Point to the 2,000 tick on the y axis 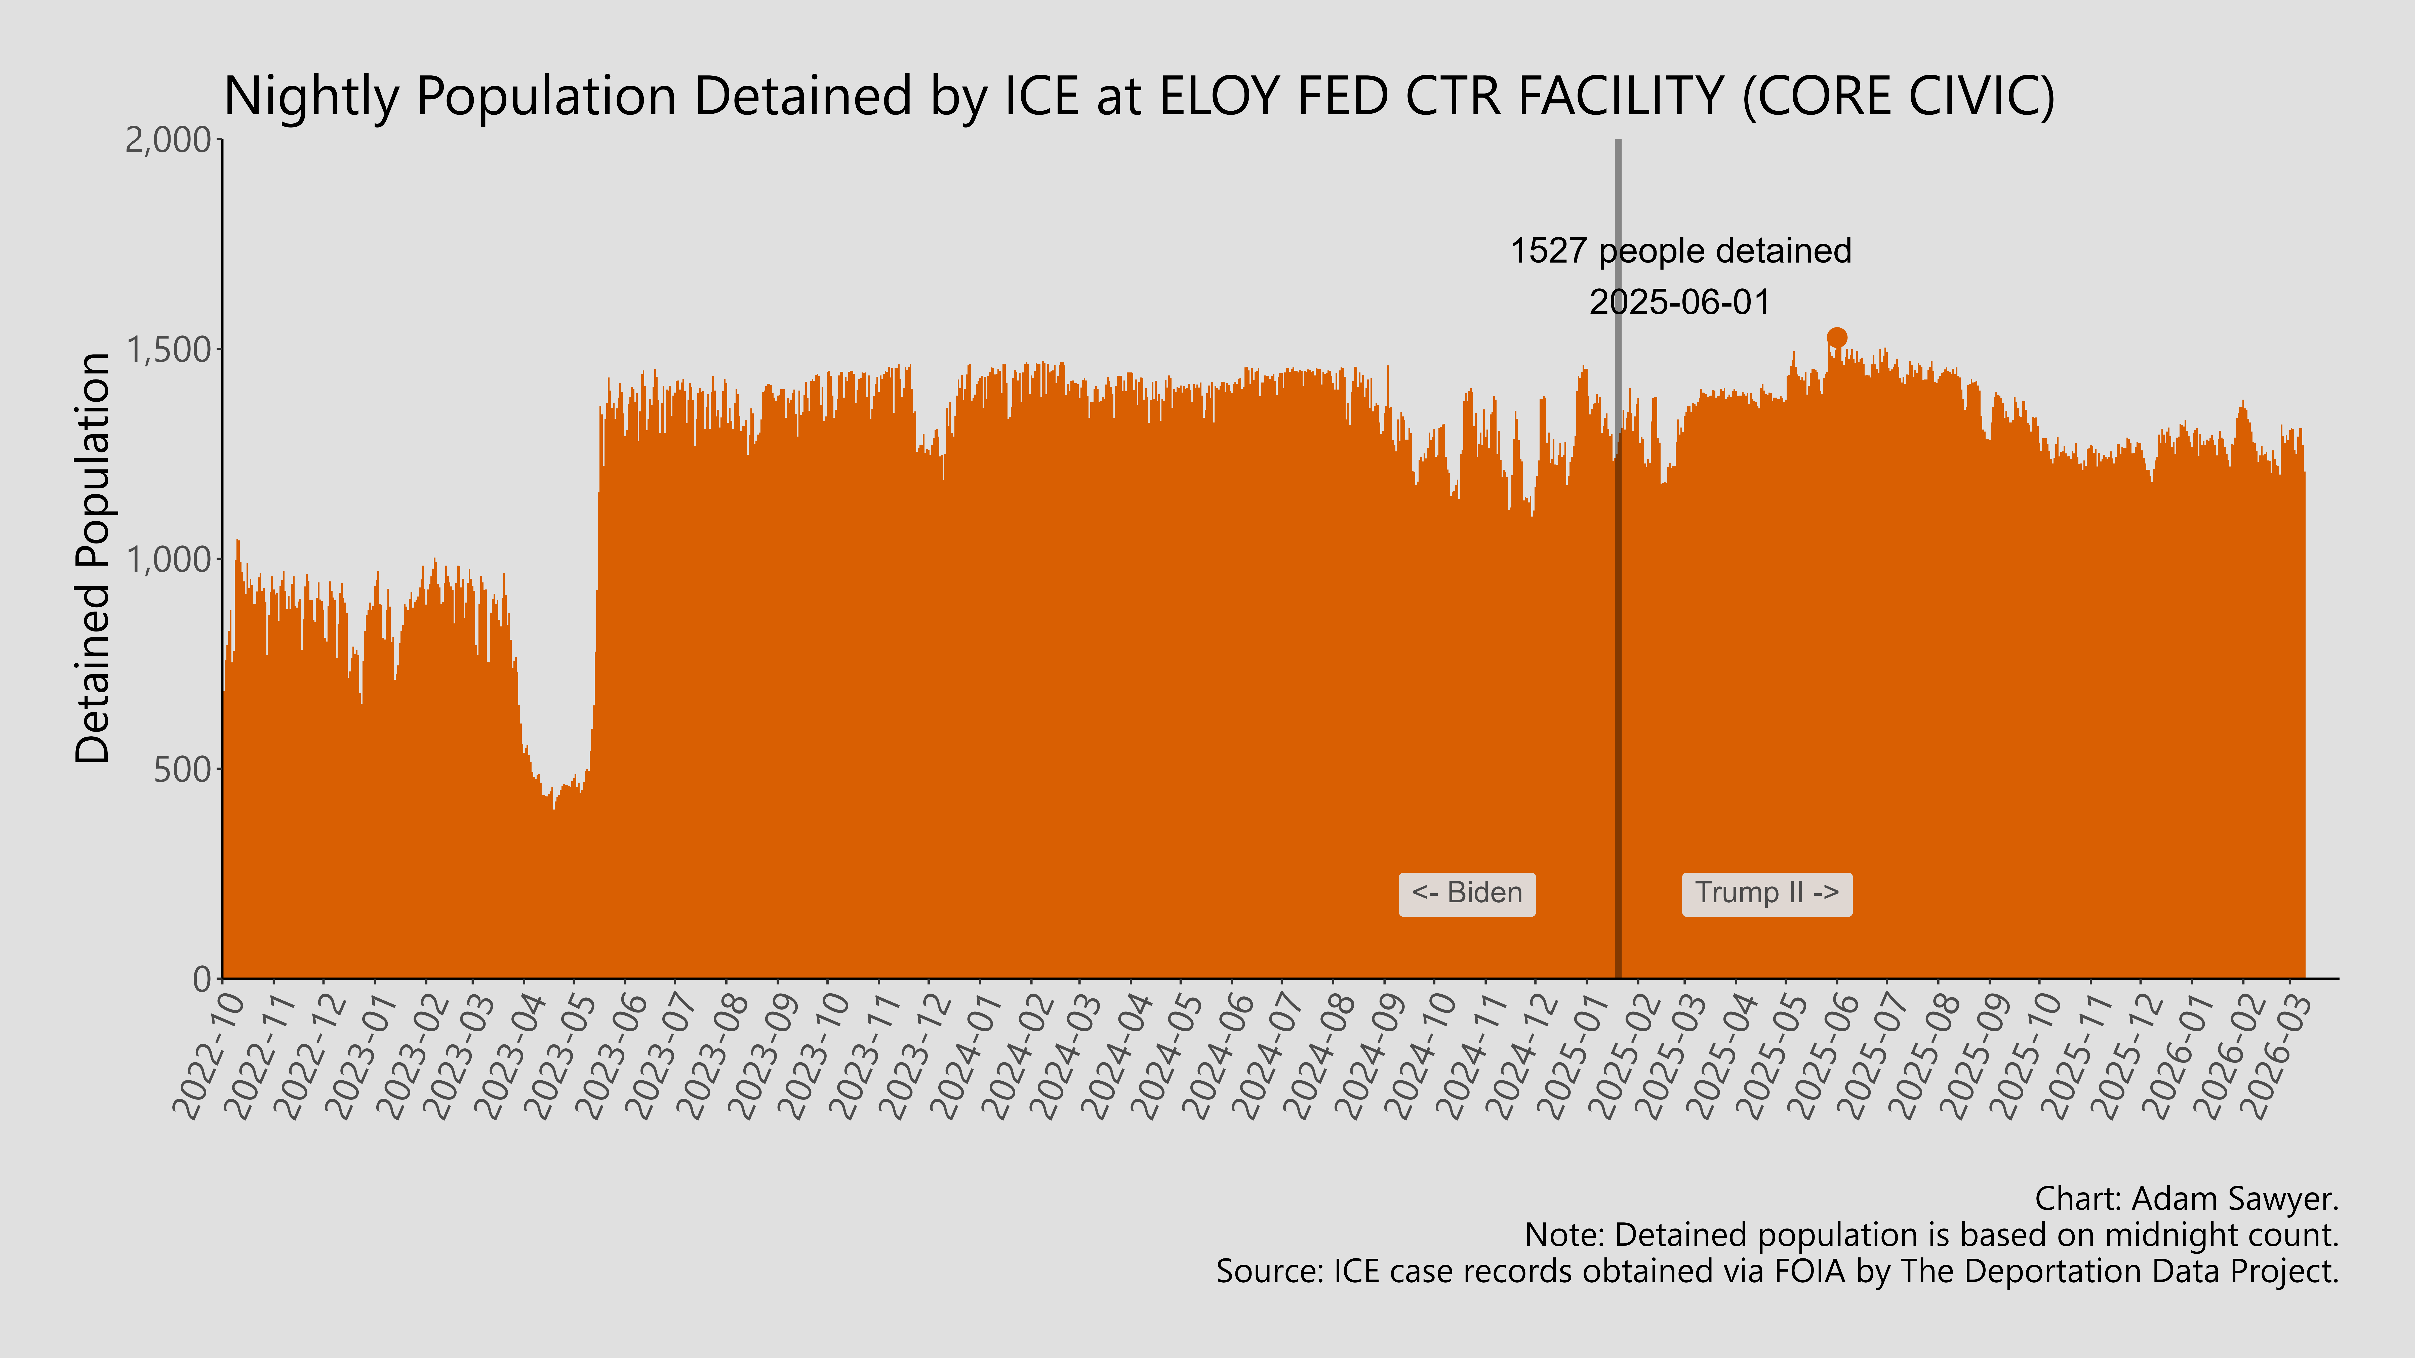(x=169, y=141)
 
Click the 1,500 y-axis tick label (x=169, y=350)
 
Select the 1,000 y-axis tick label (x=169, y=560)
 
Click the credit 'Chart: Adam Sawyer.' (x=2186, y=1199)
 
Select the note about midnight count (x=1931, y=1235)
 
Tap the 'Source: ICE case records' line (x=1777, y=1272)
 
